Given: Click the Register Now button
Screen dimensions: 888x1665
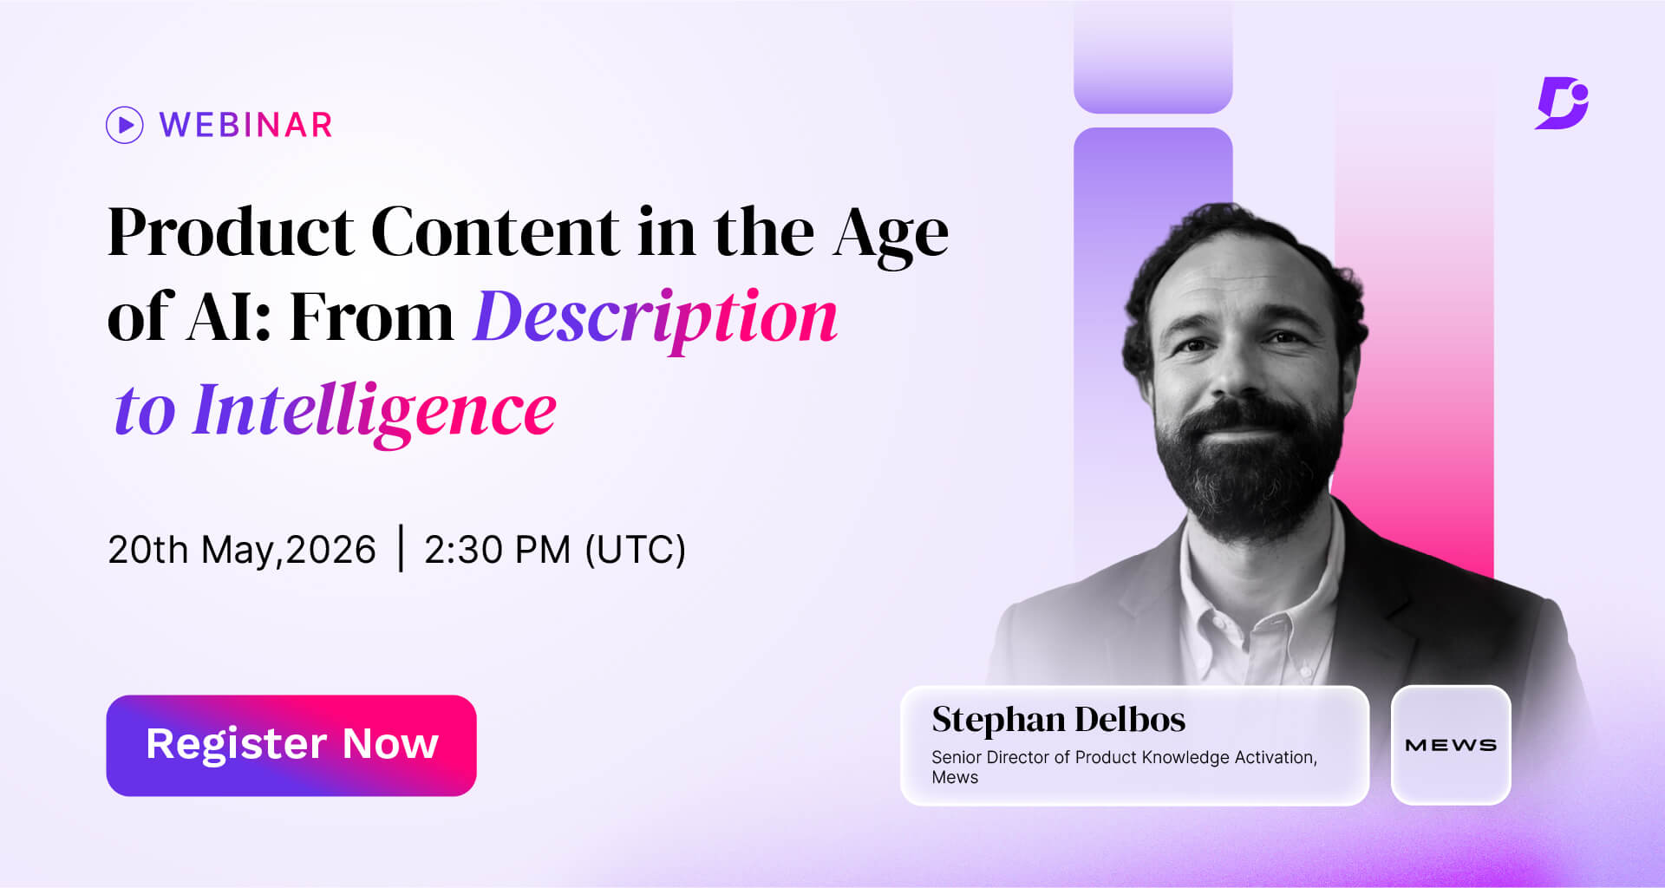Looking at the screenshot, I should [291, 745].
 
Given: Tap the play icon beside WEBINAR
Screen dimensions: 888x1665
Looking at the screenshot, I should [125, 125].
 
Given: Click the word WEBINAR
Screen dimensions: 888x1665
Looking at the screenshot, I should [246, 125].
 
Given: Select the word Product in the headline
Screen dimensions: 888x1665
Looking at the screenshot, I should [230, 232].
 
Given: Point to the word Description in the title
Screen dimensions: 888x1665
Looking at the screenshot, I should [655, 317].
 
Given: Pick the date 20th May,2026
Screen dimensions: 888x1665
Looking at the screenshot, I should [241, 550].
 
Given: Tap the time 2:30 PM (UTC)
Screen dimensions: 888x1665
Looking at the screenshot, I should [554, 550].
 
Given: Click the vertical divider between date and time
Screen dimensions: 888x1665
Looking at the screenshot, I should [401, 548].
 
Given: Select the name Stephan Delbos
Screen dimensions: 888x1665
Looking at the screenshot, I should [1058, 720].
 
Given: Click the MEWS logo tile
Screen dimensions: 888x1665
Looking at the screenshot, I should [1450, 745].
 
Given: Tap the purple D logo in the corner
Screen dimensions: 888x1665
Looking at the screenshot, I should [1562, 103].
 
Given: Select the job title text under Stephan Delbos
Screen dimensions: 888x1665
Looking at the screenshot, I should [1123, 766].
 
